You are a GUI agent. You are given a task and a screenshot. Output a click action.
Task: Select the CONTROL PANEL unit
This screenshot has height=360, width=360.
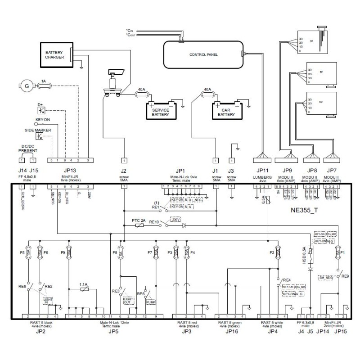[x=203, y=54]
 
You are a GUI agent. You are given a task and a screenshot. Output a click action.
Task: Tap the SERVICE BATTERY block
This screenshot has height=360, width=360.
[x=160, y=111]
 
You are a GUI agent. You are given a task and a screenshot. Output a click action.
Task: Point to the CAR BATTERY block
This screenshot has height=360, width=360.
[x=226, y=111]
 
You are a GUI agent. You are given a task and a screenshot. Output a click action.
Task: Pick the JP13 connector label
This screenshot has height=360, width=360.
[x=71, y=171]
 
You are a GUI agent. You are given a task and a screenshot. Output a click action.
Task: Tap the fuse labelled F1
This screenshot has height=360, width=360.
[x=337, y=253]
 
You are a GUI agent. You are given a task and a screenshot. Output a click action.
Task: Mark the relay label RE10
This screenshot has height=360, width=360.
[x=154, y=222]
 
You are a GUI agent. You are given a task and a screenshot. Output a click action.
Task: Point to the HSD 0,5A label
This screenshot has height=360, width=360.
[x=305, y=255]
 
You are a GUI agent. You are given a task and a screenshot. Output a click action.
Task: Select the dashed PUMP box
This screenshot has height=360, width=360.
[x=150, y=303]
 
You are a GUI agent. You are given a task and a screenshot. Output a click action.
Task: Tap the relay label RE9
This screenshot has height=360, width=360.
[x=345, y=275]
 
